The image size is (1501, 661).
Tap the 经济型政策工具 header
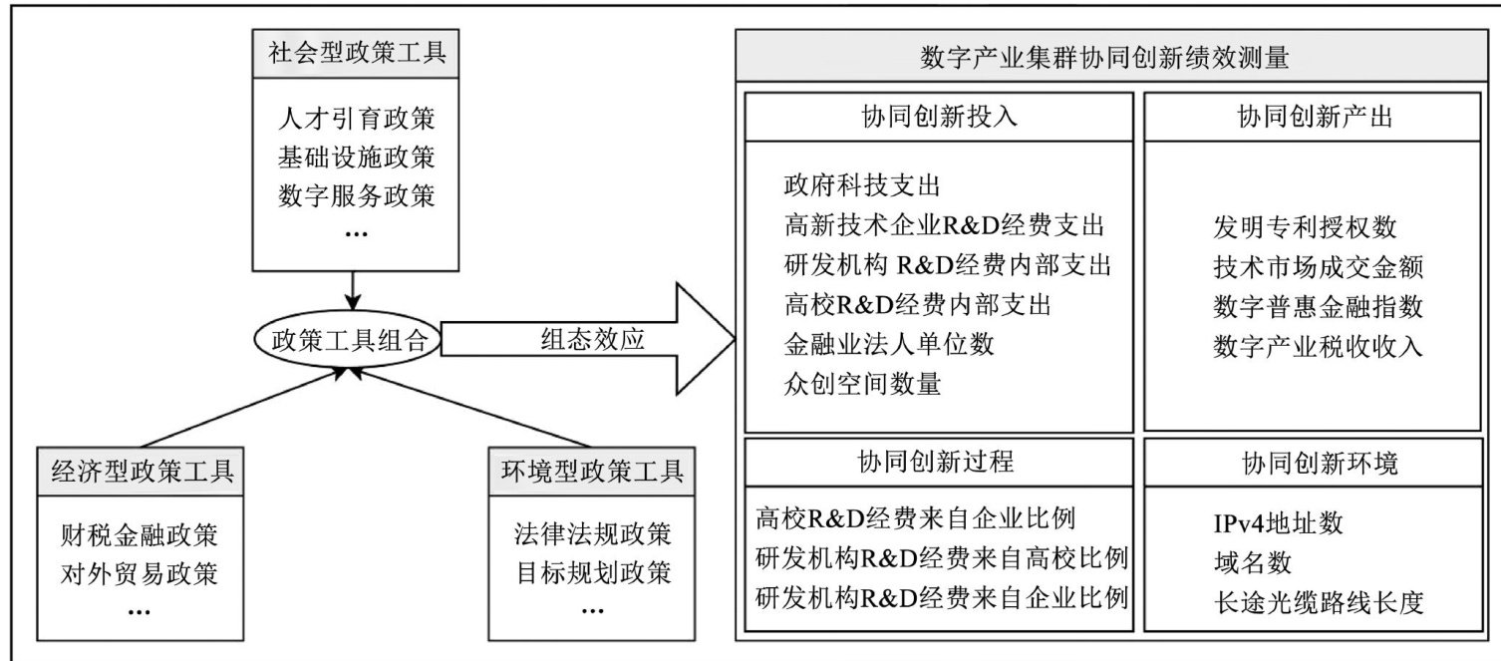tap(143, 471)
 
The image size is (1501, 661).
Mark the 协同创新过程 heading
tap(938, 463)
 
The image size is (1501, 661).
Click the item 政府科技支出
tap(862, 185)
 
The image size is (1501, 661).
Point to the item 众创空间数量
tap(862, 384)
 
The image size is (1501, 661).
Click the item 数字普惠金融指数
tap(1319, 306)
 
